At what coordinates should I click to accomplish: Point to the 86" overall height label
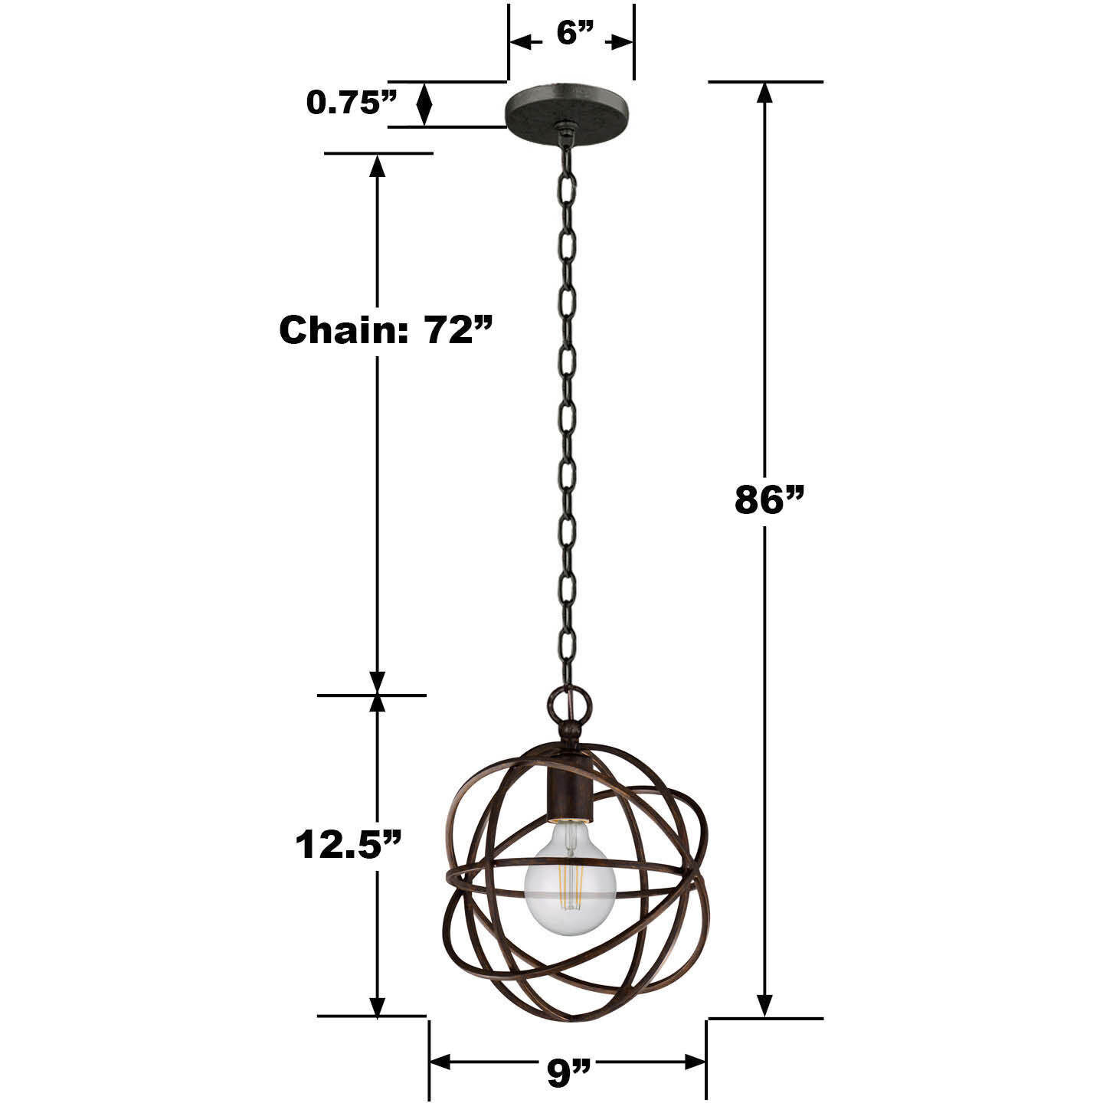point(770,500)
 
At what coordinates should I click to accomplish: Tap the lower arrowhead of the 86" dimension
point(764,1004)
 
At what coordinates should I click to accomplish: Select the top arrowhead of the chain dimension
point(377,165)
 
